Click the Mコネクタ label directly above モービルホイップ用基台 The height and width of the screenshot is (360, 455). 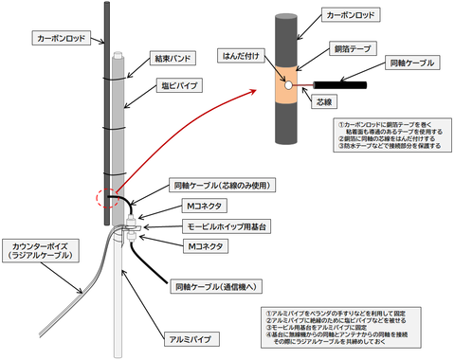tap(206, 205)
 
